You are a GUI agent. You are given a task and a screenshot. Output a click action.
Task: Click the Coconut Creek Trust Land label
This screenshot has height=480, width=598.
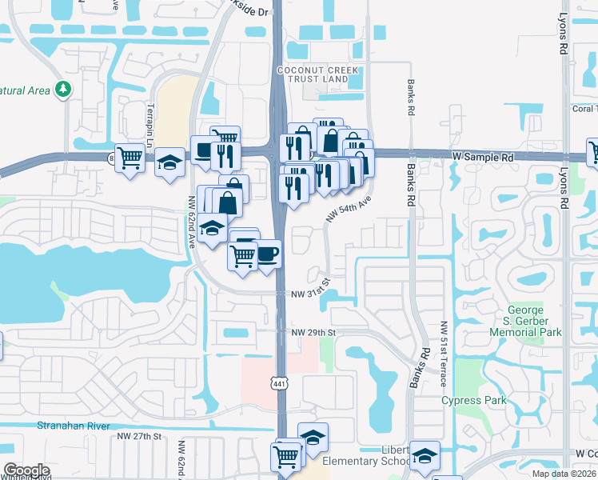click(x=312, y=74)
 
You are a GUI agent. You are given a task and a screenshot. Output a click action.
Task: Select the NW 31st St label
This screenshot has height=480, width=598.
click(x=311, y=293)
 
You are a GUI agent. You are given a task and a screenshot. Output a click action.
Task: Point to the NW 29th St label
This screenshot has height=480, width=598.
click(x=313, y=332)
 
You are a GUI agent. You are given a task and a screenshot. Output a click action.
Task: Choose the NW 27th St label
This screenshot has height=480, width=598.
click(x=139, y=436)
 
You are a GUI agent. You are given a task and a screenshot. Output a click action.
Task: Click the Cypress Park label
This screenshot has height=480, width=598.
click(x=474, y=400)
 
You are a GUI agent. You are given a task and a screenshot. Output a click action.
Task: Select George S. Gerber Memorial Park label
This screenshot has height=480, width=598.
click(x=535, y=321)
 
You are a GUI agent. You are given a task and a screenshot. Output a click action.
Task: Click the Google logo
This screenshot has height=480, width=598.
click(x=27, y=470)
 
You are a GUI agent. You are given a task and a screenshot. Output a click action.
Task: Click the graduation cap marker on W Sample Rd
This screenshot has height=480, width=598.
click(x=169, y=162)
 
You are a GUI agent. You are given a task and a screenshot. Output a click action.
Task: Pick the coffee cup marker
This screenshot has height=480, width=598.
click(x=267, y=254)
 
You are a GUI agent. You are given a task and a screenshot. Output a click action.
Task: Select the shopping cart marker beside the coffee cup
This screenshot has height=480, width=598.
click(x=242, y=256)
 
